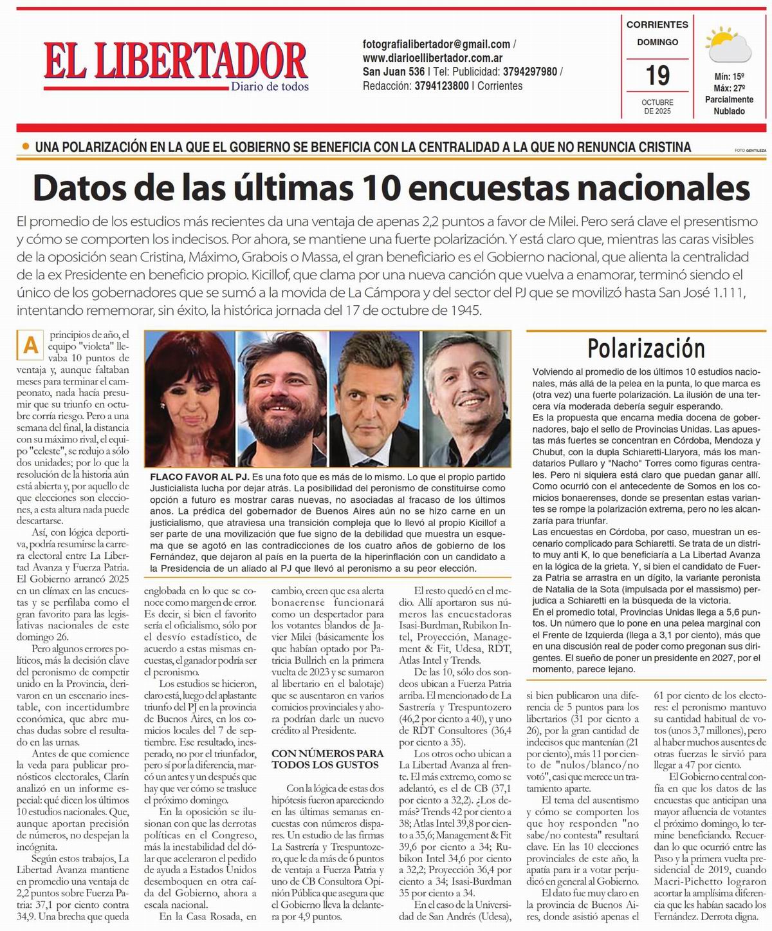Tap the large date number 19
click(657, 76)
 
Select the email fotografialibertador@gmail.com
click(436, 44)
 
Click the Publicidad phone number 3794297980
click(531, 72)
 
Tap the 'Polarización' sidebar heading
click(646, 348)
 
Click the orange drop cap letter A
click(30, 345)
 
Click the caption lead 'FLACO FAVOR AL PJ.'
click(199, 477)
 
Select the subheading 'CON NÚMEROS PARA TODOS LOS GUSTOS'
click(327, 758)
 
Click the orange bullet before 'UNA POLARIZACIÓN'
click(25, 147)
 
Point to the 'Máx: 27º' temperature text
click(729, 88)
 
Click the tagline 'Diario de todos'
click(270, 86)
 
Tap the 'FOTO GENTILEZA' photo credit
click(750, 151)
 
